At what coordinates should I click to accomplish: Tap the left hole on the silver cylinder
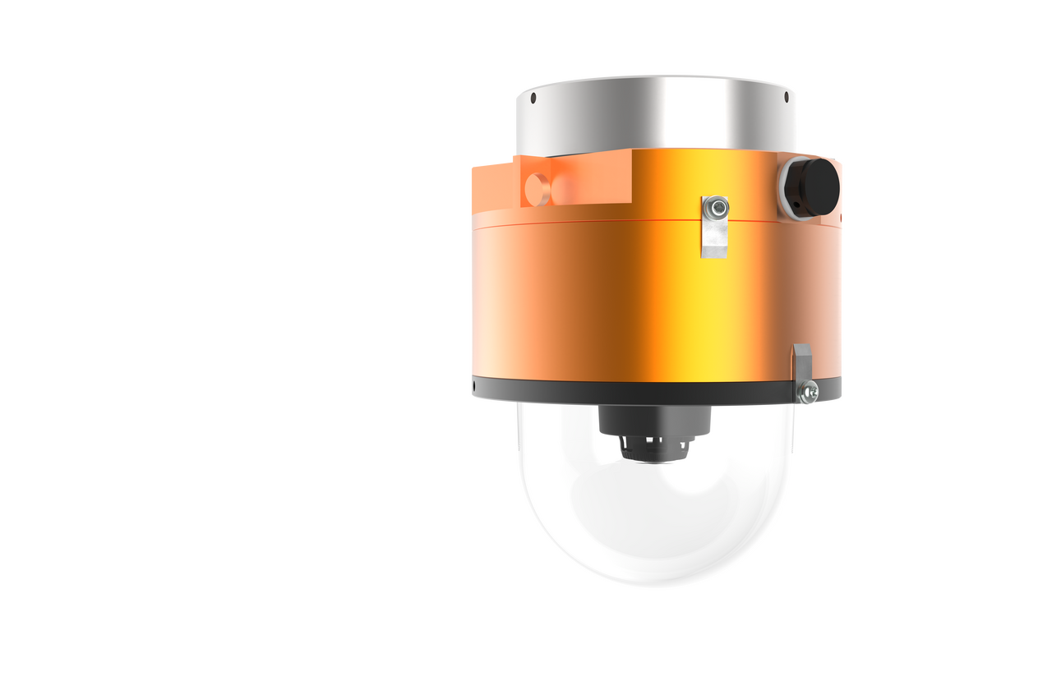coord(534,99)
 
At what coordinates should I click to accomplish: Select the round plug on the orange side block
coord(539,188)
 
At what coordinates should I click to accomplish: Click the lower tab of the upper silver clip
coord(714,242)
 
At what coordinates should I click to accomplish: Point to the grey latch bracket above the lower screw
coord(801,361)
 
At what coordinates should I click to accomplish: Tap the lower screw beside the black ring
coord(810,391)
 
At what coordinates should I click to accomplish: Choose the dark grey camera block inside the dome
coord(654,421)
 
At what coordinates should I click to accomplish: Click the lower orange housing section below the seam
coord(625,304)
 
